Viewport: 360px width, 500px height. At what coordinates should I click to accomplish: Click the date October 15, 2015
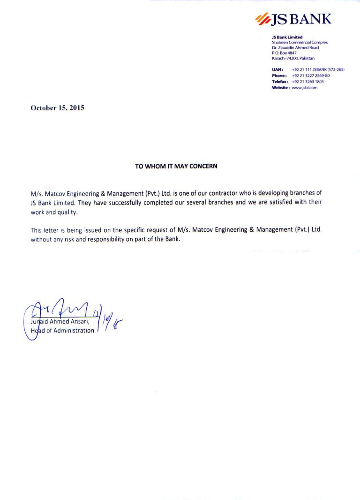point(57,107)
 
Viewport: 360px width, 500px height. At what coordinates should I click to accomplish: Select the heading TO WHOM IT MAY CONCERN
point(176,166)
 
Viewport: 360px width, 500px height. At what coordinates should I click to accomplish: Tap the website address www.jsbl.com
point(305,88)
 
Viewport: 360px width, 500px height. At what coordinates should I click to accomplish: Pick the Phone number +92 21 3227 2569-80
point(310,76)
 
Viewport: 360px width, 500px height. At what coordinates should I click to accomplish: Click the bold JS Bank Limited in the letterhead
point(287,37)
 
